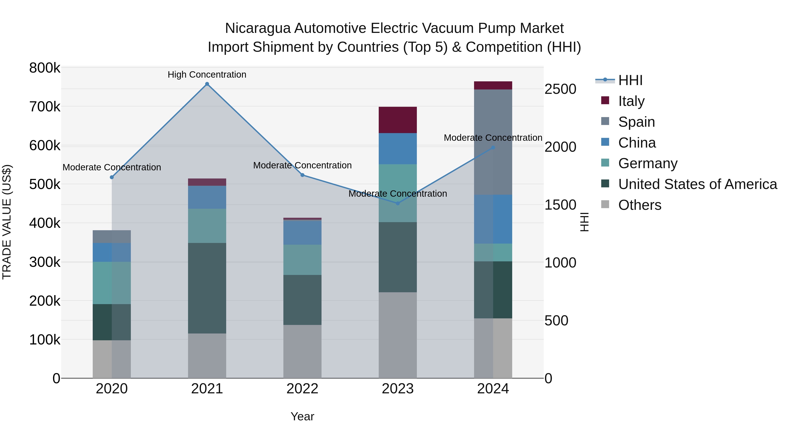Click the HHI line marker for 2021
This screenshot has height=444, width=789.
[207, 84]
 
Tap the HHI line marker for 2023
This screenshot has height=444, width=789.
[398, 203]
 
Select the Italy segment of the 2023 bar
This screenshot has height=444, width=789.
[398, 120]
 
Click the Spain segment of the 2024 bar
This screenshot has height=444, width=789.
[493, 142]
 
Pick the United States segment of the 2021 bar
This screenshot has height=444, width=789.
[207, 288]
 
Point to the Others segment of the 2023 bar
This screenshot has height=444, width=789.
[398, 335]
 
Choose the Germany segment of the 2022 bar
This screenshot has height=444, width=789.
[302, 260]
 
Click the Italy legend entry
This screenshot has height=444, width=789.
[631, 101]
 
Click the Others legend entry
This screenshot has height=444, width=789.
[640, 205]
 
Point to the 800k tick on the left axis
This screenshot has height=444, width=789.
[45, 68]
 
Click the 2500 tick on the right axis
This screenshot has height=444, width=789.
[560, 89]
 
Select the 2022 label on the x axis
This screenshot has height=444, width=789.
[302, 389]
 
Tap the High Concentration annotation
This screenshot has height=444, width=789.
[207, 75]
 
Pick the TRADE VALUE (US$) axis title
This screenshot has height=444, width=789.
[7, 222]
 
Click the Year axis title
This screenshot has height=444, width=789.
[302, 416]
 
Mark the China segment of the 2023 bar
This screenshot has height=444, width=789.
[398, 149]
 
